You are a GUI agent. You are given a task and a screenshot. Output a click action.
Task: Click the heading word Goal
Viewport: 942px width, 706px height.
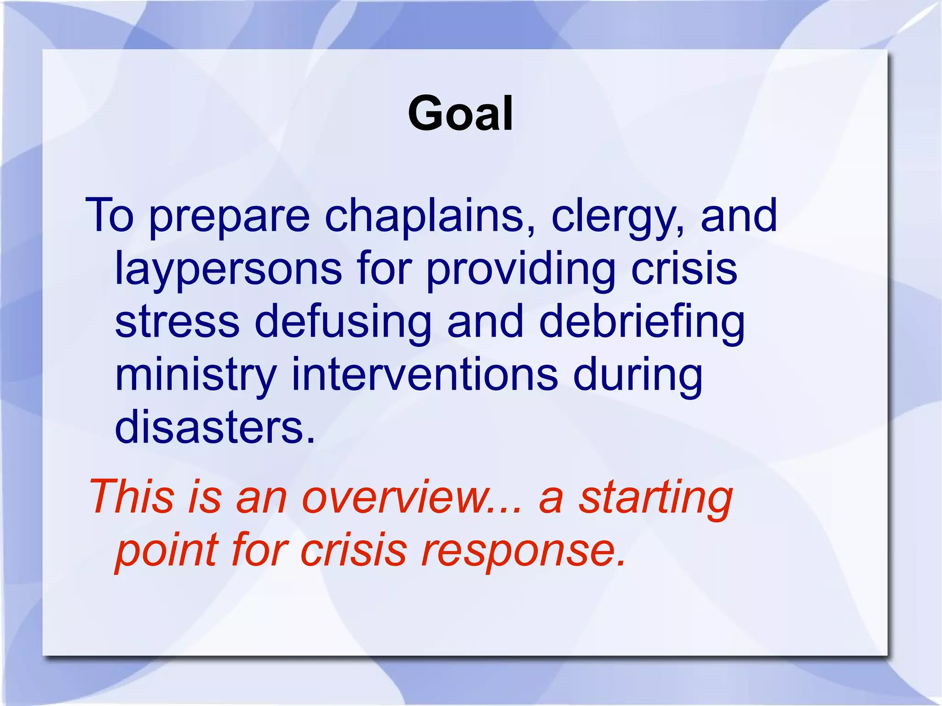tap(460, 114)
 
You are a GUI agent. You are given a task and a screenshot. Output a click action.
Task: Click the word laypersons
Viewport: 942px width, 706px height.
tap(228, 270)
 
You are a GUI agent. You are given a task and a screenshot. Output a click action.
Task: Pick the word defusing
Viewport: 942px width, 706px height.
tap(343, 322)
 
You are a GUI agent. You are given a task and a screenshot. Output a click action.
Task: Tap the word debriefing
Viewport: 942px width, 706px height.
tap(642, 322)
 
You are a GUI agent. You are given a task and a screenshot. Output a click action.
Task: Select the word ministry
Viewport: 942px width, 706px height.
tap(195, 375)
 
